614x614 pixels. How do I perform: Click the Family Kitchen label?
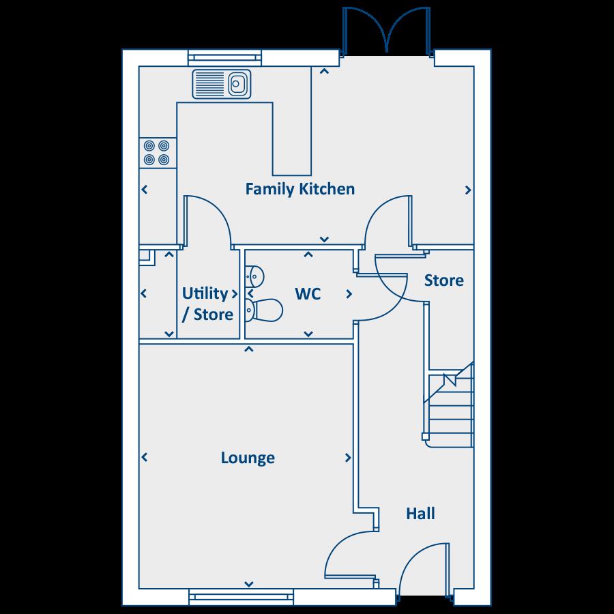coord(300,189)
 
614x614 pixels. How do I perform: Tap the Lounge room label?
coord(248,458)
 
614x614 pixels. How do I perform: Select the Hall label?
coord(420,513)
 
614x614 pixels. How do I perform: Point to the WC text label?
coord(308,294)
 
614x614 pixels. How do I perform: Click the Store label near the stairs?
coord(443,280)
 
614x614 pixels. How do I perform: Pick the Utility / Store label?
coord(207,304)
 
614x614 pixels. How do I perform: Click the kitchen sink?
coord(222,84)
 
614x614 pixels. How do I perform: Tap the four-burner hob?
coord(156,153)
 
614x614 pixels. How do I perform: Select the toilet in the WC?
coord(263,310)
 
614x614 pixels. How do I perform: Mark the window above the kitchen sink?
coord(224,59)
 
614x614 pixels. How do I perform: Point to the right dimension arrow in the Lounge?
coord(349,458)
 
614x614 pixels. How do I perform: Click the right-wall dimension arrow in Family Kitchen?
coord(468,190)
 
